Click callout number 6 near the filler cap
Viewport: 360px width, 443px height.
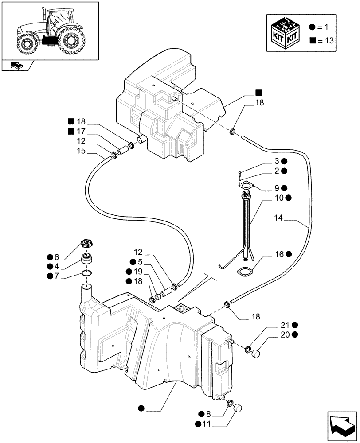click(56, 257)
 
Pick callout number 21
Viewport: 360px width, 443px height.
click(284, 325)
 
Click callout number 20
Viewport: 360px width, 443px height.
click(284, 334)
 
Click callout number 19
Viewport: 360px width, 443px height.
click(137, 272)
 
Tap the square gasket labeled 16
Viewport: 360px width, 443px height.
click(244, 271)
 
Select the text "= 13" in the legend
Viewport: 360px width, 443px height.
click(326, 41)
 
